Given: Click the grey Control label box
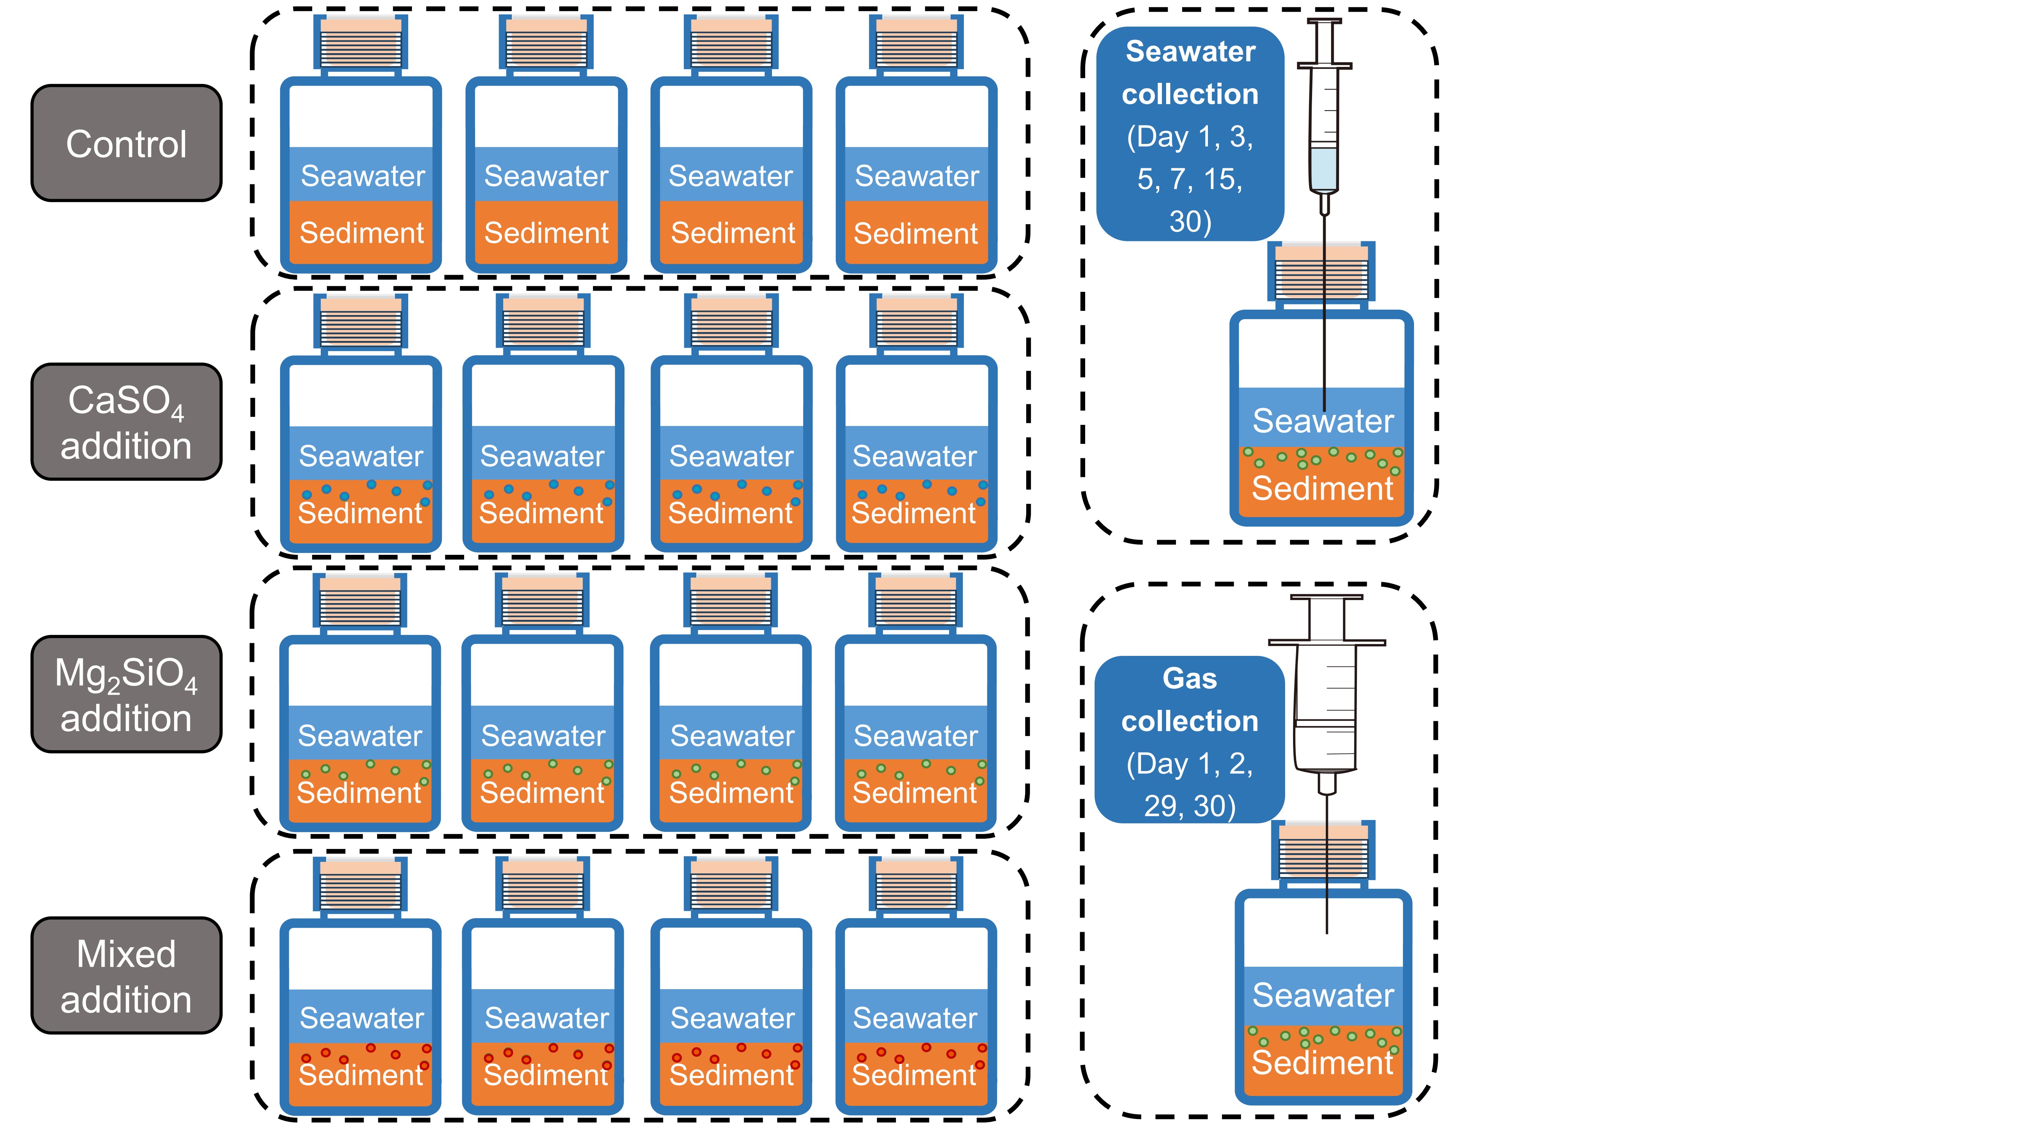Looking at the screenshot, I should tap(126, 143).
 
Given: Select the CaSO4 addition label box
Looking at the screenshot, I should tap(126, 422).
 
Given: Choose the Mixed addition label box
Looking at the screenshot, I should tap(126, 975).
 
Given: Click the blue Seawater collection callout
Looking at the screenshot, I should tap(1190, 134).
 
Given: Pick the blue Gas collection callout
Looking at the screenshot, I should tap(1190, 739).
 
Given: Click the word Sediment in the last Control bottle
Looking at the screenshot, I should tap(916, 234).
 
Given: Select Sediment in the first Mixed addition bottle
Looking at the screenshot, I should tap(361, 1075).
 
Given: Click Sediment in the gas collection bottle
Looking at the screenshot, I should tap(1323, 1063).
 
